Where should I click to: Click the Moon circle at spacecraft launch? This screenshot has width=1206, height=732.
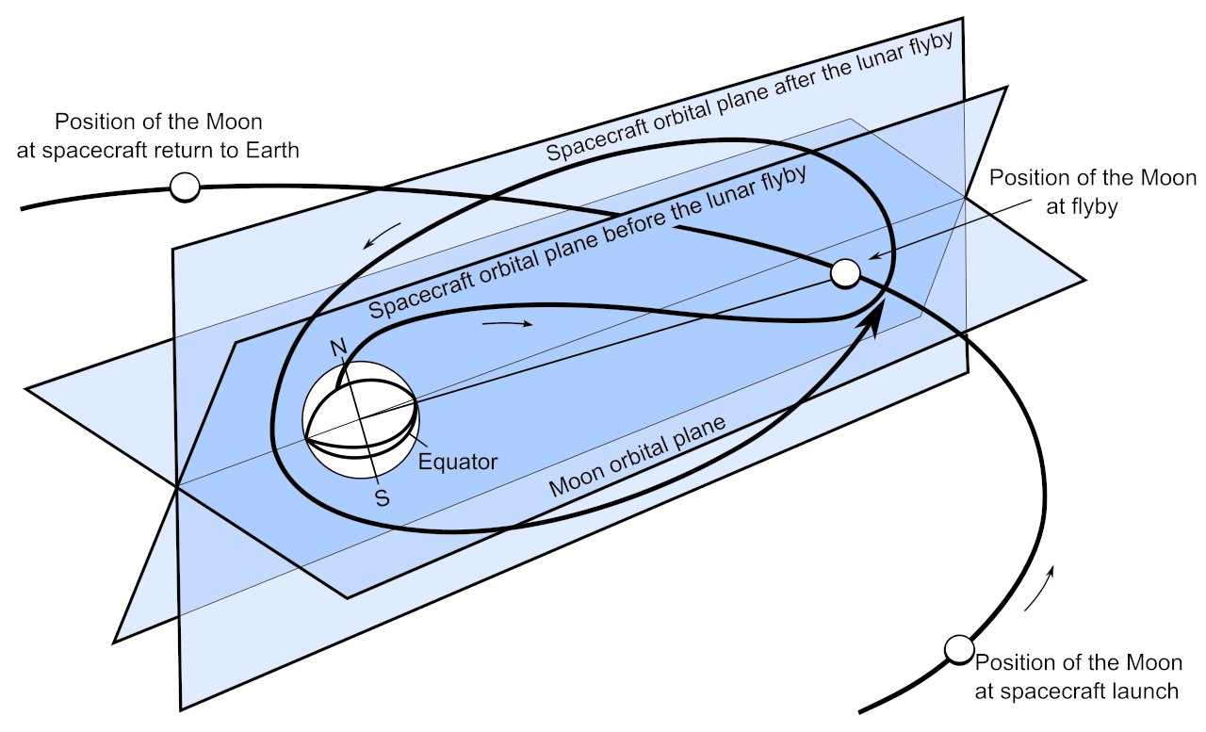click(x=959, y=649)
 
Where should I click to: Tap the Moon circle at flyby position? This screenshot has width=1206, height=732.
click(x=845, y=273)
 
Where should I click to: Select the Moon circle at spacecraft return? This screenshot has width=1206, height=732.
click(x=185, y=187)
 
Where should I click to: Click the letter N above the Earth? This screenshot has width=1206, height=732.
click(x=338, y=348)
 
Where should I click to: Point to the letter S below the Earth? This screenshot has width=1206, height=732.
click(x=382, y=498)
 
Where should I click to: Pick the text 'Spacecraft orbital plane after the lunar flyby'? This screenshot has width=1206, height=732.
click(x=751, y=97)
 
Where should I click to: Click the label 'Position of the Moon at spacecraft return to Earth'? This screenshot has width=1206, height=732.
click(x=177, y=136)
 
